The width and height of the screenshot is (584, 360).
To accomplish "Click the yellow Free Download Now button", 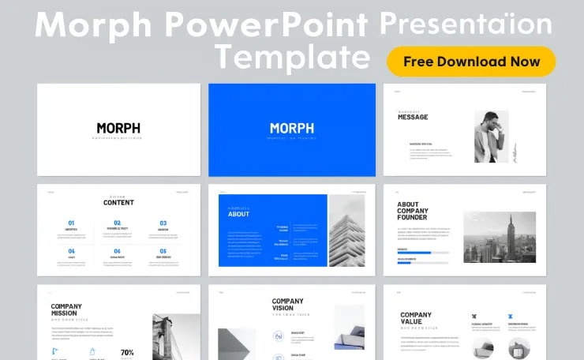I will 471,62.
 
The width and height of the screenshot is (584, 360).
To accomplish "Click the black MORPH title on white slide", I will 118,128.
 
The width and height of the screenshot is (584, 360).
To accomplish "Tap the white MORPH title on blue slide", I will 291,128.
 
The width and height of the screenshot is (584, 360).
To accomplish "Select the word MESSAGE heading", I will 413,117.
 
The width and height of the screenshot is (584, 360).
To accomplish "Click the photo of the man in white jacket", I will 491,137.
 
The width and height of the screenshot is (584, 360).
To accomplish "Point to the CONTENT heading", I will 118,203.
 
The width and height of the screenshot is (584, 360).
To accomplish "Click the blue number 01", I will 72,223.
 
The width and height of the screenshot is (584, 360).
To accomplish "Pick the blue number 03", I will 163,223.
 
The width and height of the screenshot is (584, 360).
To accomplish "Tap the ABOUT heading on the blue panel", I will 238,214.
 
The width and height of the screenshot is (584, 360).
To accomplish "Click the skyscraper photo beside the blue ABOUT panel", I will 346,231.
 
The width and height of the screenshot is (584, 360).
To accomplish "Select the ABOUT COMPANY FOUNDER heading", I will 413,212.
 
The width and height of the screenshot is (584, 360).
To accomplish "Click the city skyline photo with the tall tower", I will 499,237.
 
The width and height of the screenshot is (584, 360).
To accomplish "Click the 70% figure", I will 127,352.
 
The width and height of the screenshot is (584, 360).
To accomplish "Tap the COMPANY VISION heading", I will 287,306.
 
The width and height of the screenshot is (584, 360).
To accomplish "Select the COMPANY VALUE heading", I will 416,319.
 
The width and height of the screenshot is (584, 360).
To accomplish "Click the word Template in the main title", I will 293,57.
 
